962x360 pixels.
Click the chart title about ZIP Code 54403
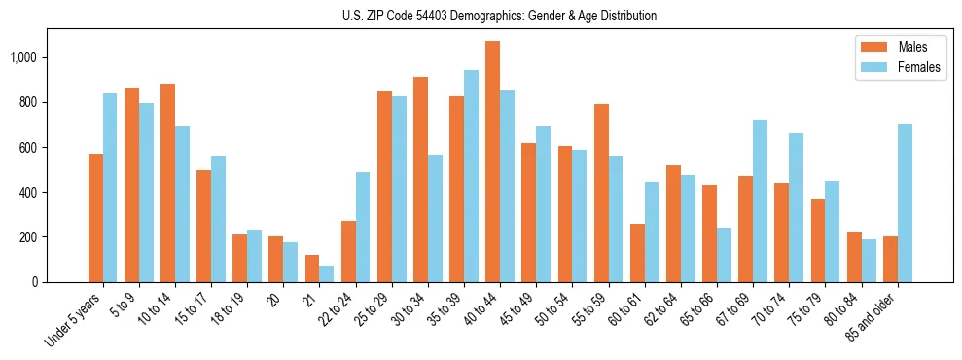coord(499,16)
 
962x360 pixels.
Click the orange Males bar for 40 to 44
coord(493,162)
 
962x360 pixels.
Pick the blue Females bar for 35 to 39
coord(471,176)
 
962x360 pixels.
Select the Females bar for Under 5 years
coord(110,188)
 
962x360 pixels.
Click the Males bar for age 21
coord(312,269)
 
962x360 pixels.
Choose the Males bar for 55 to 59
coord(601,193)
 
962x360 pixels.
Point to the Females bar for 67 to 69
coord(761,200)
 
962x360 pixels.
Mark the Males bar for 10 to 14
coord(167,183)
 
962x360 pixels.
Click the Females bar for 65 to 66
coord(724,255)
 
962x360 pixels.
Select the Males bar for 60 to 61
coord(637,253)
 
